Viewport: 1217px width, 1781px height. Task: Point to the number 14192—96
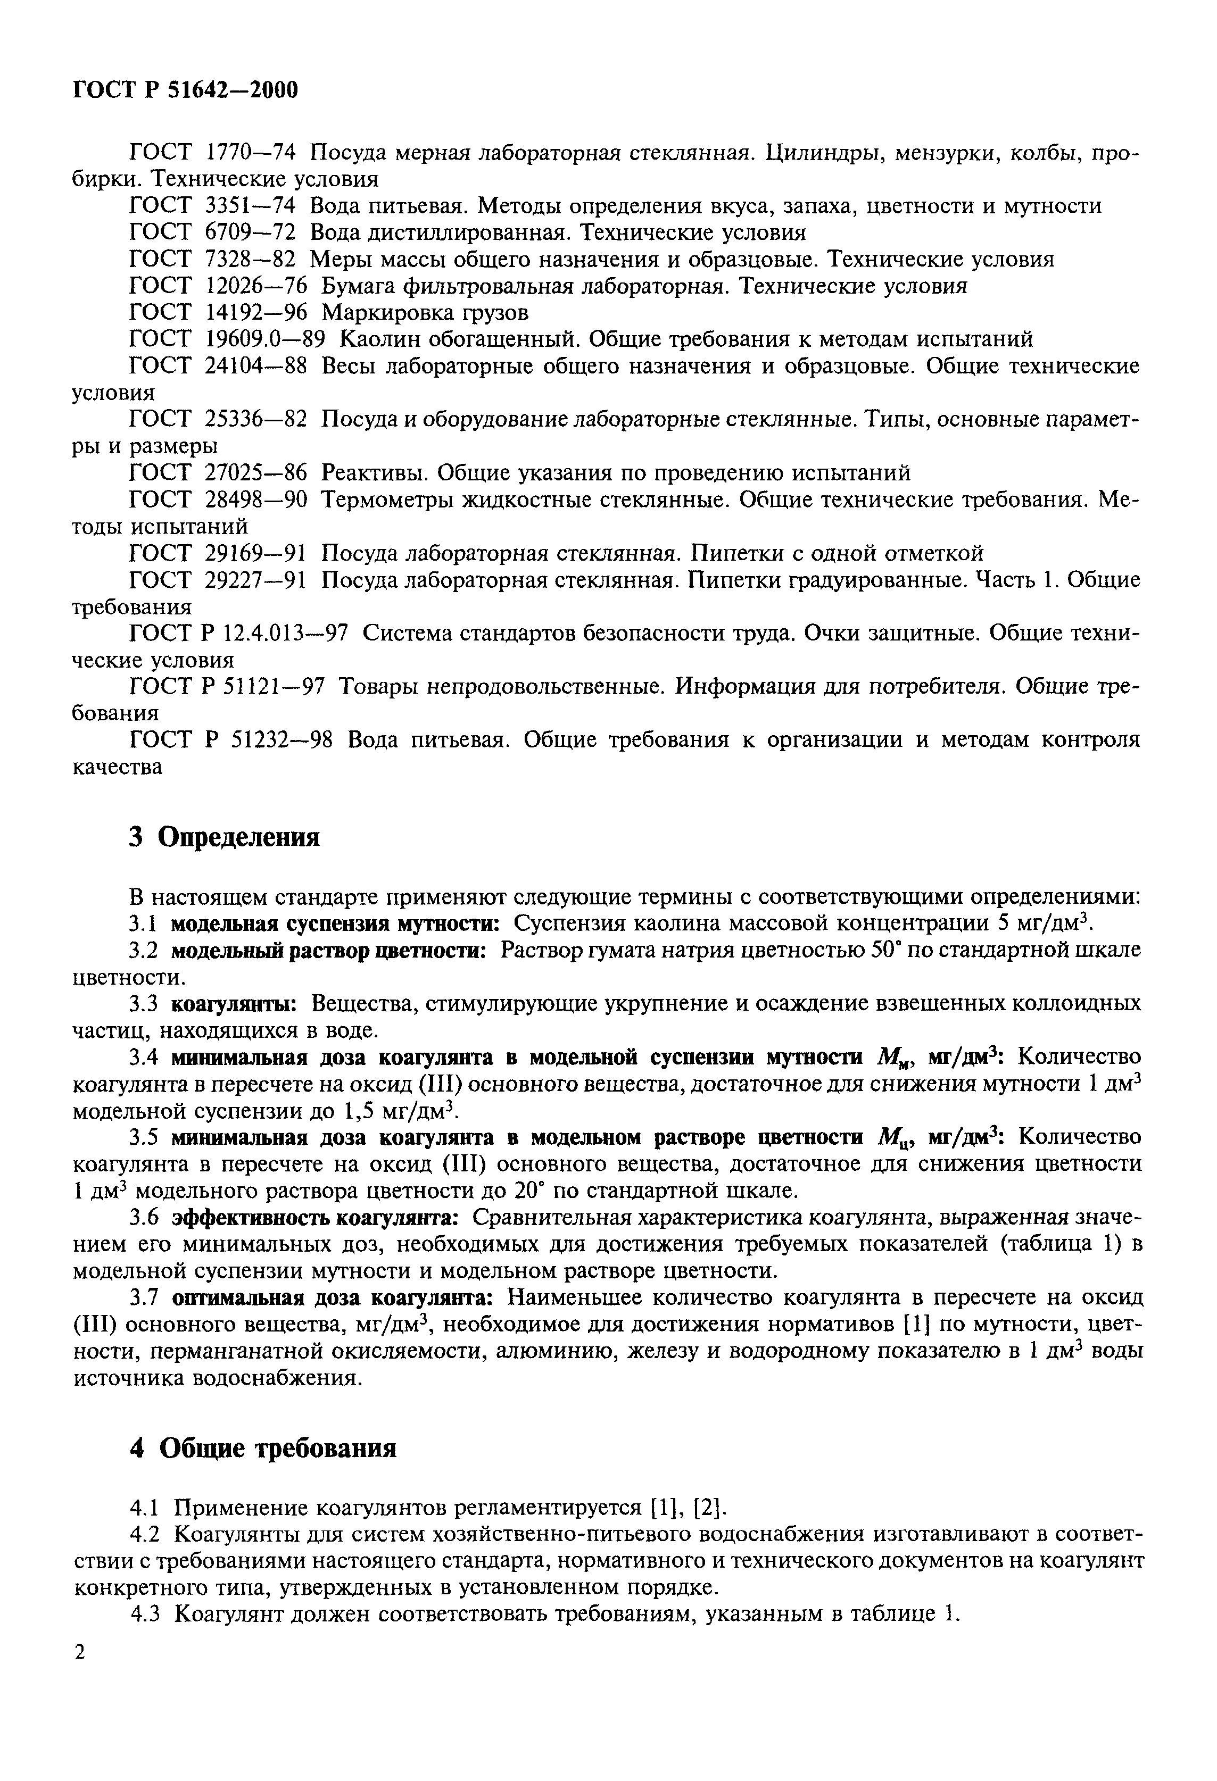[256, 313]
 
